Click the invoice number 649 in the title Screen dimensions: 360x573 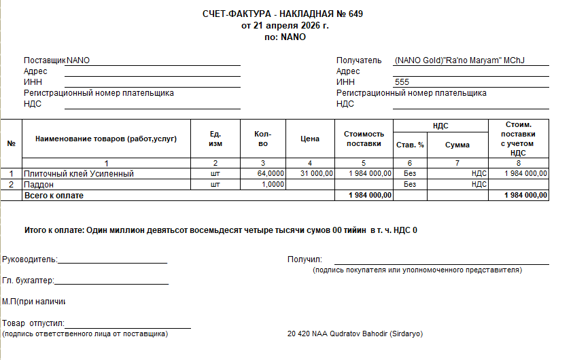[355, 14]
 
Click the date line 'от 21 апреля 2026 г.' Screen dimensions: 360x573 [285, 26]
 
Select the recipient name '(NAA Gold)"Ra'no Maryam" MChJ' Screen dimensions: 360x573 [462, 60]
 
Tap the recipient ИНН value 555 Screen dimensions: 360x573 [402, 82]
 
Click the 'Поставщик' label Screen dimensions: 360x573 [45, 60]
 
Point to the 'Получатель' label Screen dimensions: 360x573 [359, 60]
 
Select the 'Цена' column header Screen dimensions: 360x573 [309, 139]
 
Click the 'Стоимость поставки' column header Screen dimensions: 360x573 [364, 139]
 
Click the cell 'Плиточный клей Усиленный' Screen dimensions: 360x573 [79, 174]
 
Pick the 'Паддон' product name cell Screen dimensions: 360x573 [39, 184]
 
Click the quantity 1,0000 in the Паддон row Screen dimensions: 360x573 [273, 184]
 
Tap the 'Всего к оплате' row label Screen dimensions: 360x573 [54, 195]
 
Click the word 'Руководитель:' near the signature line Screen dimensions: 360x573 [30, 259]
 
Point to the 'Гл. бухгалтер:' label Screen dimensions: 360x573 [28, 281]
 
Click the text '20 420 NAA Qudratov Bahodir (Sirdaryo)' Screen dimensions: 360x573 [355, 334]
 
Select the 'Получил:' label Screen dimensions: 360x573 [305, 259]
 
